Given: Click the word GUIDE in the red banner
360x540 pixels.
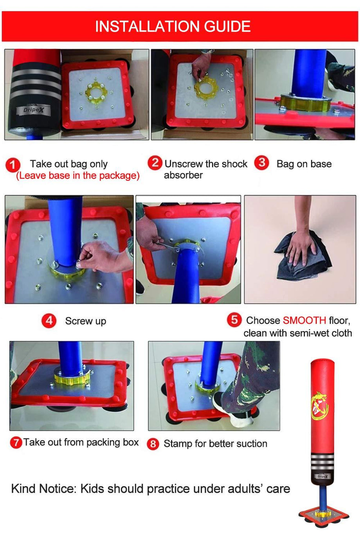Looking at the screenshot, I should click(227, 27).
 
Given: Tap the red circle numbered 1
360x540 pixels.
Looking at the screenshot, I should click(13, 165).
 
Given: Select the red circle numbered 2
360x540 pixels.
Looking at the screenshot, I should click(155, 163).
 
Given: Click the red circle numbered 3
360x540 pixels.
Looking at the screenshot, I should click(261, 163).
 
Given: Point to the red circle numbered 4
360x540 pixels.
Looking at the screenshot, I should click(49, 321).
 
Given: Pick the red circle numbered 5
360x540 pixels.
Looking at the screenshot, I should click(234, 320).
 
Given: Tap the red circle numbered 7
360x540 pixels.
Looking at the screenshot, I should click(16, 443).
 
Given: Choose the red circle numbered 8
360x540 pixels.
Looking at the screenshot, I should click(153, 444).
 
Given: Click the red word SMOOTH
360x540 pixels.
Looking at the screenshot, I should click(304, 320).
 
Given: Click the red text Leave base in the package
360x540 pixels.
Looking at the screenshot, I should click(77, 176).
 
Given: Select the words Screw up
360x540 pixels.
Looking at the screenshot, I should click(86, 321).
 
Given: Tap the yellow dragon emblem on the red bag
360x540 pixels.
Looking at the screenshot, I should click(320, 405).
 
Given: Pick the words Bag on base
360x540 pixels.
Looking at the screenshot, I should click(304, 164).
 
